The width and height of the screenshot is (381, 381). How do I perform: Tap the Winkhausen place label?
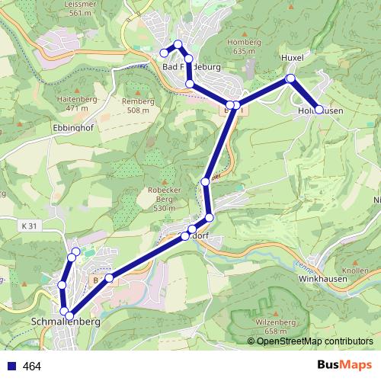click(323, 278)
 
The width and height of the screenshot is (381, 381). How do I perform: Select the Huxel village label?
click(292, 57)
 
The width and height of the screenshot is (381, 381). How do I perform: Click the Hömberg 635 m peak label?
click(245, 46)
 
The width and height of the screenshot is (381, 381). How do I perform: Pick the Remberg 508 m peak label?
click(137, 105)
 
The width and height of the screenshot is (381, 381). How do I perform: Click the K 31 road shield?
click(29, 226)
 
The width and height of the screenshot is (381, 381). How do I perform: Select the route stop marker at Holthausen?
click(319, 110)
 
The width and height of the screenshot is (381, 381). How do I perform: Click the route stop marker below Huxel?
click(290, 78)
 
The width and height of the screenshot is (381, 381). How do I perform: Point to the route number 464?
click(31, 367)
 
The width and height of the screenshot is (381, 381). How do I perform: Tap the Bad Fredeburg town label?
click(191, 67)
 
